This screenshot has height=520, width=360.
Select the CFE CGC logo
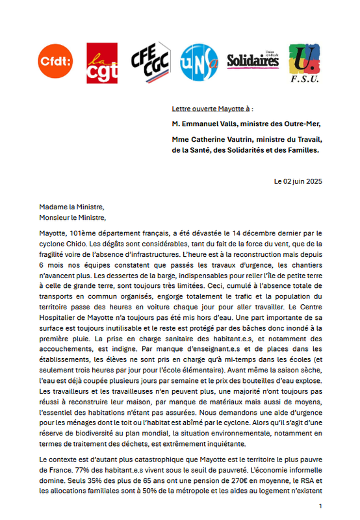pyautogui.click(x=150, y=60)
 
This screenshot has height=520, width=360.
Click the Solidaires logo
pyautogui.click(x=252, y=60)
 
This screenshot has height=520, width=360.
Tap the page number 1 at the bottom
pyautogui.click(x=320, y=505)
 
